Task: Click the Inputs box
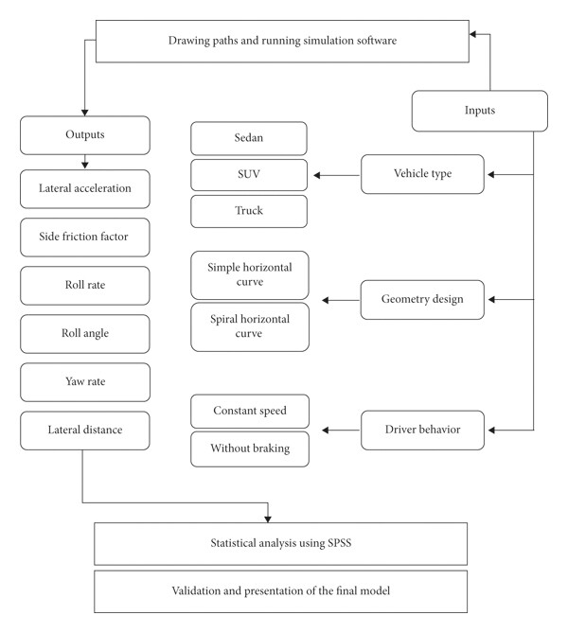point(480,111)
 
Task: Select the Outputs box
point(85,135)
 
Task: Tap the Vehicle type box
point(422,174)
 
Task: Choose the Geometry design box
point(422,300)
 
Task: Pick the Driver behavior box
point(422,430)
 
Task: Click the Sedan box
point(249,138)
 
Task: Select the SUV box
point(249,175)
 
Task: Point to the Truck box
point(249,211)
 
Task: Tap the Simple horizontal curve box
point(250,275)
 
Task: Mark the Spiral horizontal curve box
point(250,327)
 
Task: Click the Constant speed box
point(250,411)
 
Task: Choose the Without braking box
point(250,448)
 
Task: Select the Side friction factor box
point(85,237)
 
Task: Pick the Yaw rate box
point(85,382)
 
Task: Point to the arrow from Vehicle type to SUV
point(336,175)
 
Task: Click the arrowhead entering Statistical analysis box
point(268,519)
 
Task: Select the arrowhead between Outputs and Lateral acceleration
point(85,165)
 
